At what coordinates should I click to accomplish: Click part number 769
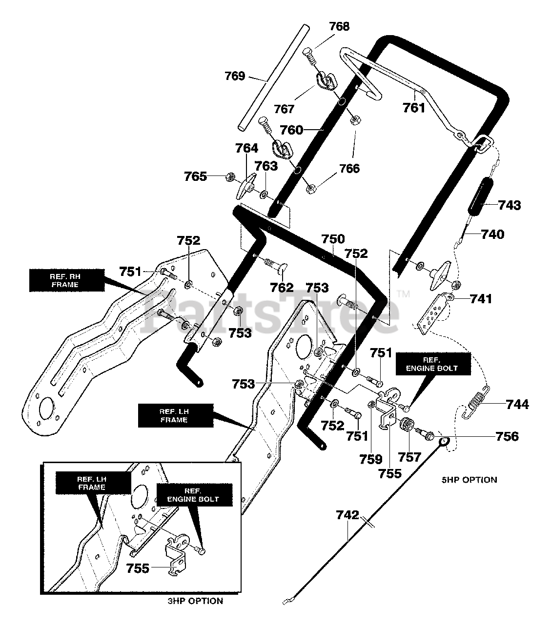[x=235, y=76]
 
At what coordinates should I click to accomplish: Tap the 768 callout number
[x=339, y=26]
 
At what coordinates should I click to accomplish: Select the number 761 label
[x=414, y=108]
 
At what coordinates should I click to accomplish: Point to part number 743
[x=510, y=205]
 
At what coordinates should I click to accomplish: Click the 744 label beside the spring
[x=517, y=405]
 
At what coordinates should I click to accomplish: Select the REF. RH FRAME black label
[x=67, y=280]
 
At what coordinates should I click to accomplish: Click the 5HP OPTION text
[x=469, y=480]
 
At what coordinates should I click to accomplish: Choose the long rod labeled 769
[x=273, y=78]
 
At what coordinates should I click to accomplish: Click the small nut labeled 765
[x=229, y=177]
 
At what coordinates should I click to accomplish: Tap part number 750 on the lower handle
[x=333, y=239]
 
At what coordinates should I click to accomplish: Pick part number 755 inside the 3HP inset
[x=138, y=568]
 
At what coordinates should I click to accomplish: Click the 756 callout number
[x=507, y=436]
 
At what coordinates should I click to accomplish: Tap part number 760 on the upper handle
[x=291, y=130]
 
